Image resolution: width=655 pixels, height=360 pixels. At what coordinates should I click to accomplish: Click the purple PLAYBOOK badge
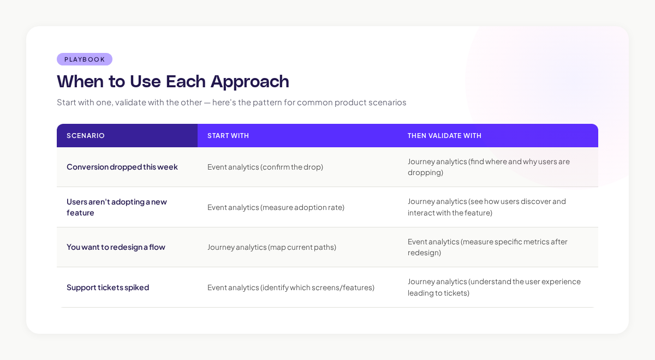85,59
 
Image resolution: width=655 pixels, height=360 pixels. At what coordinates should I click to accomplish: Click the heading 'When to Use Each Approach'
173,81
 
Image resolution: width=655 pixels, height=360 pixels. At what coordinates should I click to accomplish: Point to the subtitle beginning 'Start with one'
231,103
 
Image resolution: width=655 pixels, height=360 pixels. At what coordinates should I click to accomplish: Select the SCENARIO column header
86,136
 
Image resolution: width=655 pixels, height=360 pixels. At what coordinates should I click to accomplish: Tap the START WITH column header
228,136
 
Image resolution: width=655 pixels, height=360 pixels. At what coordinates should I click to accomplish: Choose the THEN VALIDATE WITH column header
444,136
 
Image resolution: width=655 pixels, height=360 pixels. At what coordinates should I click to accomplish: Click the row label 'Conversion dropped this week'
122,167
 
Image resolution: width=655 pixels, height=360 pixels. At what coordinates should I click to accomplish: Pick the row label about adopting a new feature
117,207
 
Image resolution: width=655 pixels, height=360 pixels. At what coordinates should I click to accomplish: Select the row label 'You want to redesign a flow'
116,247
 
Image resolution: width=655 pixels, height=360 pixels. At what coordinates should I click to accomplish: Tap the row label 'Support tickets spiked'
108,287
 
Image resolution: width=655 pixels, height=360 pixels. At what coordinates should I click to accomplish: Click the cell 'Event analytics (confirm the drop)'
265,167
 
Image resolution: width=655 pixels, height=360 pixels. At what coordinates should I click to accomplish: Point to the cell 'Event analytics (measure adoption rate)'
276,207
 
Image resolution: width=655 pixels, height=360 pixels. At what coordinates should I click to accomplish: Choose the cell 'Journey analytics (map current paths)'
272,247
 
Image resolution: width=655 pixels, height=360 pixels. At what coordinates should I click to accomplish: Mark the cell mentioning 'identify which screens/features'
291,287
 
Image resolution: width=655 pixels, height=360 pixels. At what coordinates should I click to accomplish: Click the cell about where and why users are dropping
489,167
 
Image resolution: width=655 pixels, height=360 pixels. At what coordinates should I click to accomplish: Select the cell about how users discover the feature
487,207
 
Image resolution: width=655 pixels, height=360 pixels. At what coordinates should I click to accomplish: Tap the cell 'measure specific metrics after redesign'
487,247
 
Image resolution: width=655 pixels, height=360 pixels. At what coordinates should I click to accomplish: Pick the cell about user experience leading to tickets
494,287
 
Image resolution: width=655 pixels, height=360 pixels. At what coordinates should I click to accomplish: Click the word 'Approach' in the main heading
250,81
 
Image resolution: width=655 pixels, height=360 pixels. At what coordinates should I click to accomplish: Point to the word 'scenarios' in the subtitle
388,103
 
